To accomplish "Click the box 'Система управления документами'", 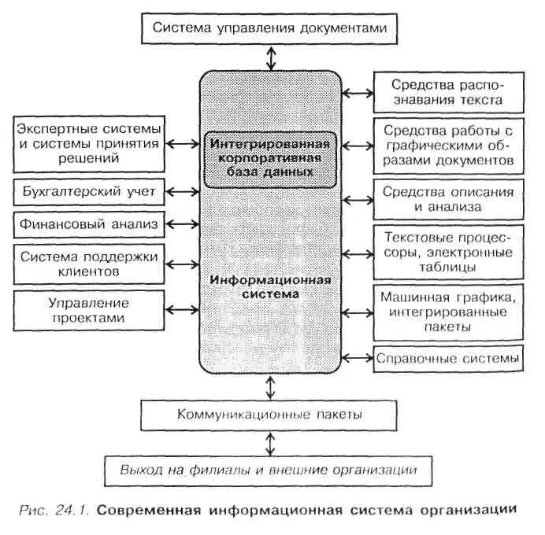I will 271,28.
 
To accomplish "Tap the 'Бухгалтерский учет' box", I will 89,191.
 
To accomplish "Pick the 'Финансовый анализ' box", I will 89,224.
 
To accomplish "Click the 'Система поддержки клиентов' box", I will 89,263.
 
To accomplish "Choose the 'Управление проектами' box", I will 89,309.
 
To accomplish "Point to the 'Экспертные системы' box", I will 89,143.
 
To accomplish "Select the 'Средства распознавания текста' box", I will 447,93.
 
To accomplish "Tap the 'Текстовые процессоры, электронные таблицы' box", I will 447,252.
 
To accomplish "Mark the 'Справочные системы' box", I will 447,358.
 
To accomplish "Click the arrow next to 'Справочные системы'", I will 358,358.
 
